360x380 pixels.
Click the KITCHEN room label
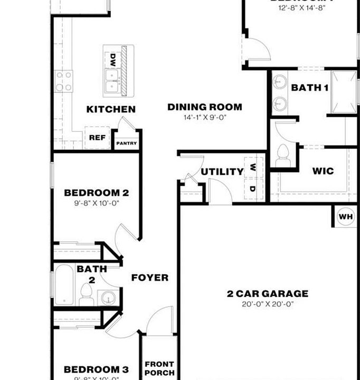(x=111, y=109)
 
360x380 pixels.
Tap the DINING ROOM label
(x=205, y=107)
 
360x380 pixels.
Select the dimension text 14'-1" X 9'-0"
(x=204, y=118)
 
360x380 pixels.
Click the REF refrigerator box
(x=97, y=138)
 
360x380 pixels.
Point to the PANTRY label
(x=127, y=143)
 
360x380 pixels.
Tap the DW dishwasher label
(x=113, y=59)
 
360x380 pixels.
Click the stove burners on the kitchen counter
(x=64, y=82)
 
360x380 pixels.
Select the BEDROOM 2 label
(x=96, y=193)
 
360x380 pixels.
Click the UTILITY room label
(x=222, y=172)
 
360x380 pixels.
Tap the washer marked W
(x=253, y=167)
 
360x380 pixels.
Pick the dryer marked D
(x=253, y=188)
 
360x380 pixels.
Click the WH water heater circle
(x=345, y=217)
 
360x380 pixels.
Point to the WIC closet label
(x=323, y=171)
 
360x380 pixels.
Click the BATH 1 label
(x=310, y=88)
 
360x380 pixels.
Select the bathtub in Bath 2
(x=64, y=285)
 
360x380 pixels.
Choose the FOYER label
(x=150, y=278)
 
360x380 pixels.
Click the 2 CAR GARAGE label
(x=268, y=293)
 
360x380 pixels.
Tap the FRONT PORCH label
(x=159, y=368)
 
